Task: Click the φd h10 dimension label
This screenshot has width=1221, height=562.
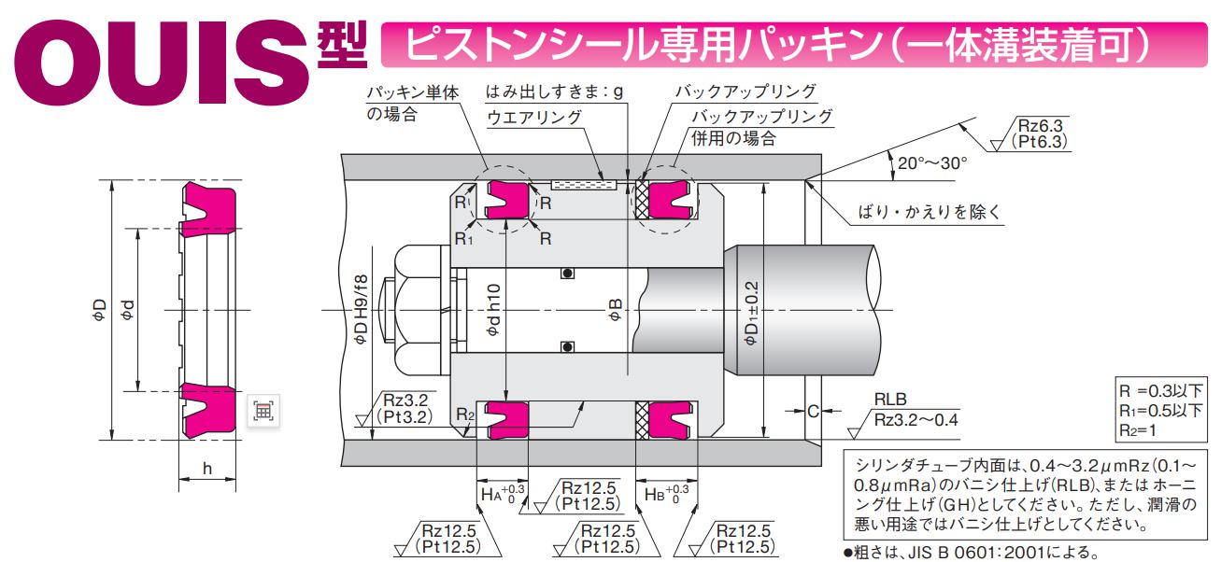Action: click(x=493, y=307)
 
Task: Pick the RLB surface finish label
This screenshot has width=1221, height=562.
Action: click(x=891, y=397)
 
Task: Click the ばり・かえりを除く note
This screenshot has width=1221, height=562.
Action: click(x=929, y=212)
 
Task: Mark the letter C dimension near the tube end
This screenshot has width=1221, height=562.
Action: click(x=812, y=410)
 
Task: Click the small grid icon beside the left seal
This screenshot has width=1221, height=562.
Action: click(x=263, y=409)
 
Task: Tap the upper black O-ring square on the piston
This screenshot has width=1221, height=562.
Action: click(x=564, y=273)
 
